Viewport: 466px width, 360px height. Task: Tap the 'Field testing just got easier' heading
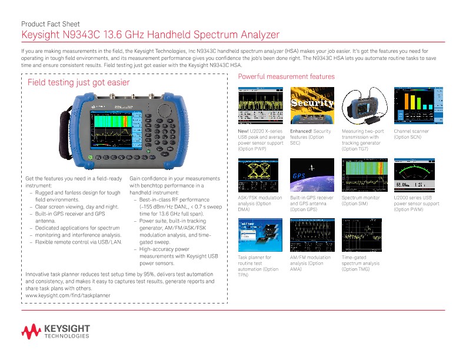coord(79,83)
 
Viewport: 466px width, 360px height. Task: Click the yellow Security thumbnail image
coord(312,105)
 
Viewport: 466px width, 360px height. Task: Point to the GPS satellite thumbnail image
coord(312,175)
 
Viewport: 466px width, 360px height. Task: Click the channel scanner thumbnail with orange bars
coord(416,105)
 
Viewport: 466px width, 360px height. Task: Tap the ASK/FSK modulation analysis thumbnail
coord(261,175)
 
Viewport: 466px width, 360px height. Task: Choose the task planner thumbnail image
coord(261,235)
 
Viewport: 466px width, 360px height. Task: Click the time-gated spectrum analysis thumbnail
coord(364,235)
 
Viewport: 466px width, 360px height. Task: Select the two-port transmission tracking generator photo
coord(364,105)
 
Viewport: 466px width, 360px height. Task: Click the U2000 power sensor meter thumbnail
coord(416,175)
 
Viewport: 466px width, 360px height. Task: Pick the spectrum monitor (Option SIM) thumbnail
coord(364,175)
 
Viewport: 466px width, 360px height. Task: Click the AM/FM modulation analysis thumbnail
coord(312,235)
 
